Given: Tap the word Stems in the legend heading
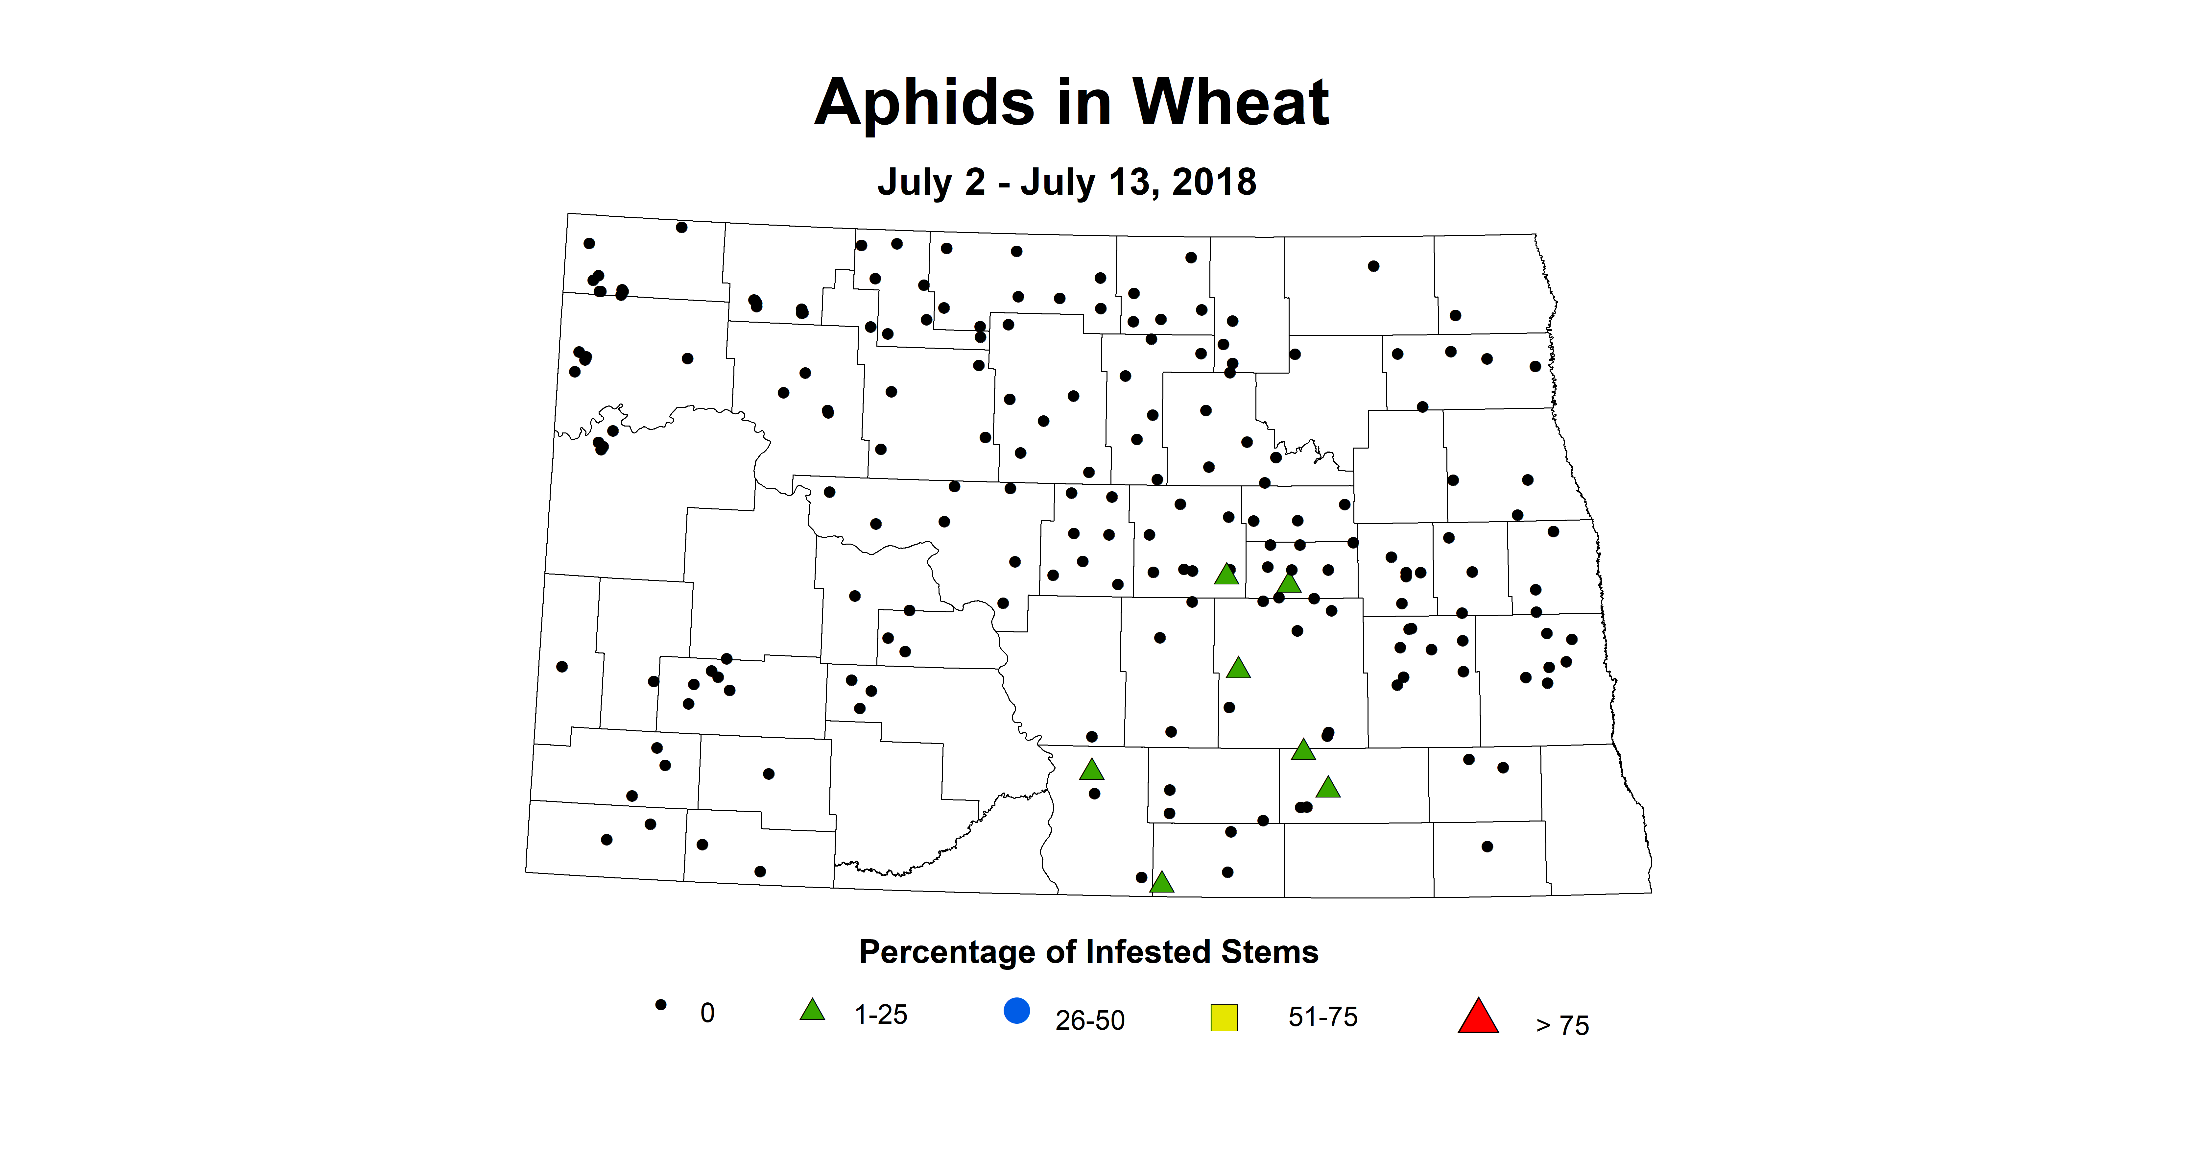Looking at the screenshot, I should pos(1269,952).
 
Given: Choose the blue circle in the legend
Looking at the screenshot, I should pos(1017,1011).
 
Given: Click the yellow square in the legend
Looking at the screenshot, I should pos(1224,1018).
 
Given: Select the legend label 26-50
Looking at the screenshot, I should pos(1090,1020).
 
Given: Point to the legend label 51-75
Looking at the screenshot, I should pos(1323,1017).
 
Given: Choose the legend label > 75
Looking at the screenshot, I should pos(1562,1025).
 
